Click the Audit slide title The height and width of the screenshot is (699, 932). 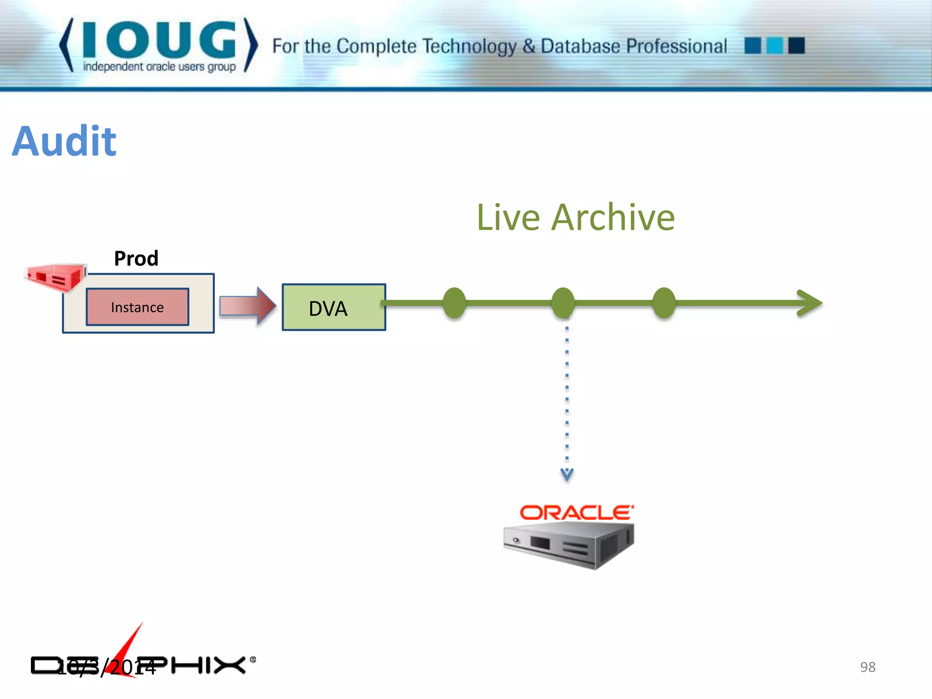click(64, 141)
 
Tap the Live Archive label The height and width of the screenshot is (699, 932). click(575, 218)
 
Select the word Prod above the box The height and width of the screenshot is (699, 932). click(136, 258)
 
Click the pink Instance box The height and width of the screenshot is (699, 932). click(137, 307)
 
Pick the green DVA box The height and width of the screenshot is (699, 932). click(334, 308)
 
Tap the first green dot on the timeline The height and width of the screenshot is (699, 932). click(454, 303)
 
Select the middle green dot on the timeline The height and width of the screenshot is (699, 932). click(563, 303)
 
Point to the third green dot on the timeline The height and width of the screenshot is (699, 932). click(664, 303)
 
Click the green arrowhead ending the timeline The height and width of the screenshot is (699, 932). click(810, 303)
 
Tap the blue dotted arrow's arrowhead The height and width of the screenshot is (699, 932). click(567, 474)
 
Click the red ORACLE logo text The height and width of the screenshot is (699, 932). click(577, 513)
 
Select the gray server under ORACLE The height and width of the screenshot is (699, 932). click(569, 545)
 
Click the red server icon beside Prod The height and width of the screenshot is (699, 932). click(56, 277)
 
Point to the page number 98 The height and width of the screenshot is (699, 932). click(867, 667)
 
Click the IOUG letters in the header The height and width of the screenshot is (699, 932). click(159, 40)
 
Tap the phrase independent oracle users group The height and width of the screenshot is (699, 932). click(159, 67)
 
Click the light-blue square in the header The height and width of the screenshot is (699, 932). click(775, 46)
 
